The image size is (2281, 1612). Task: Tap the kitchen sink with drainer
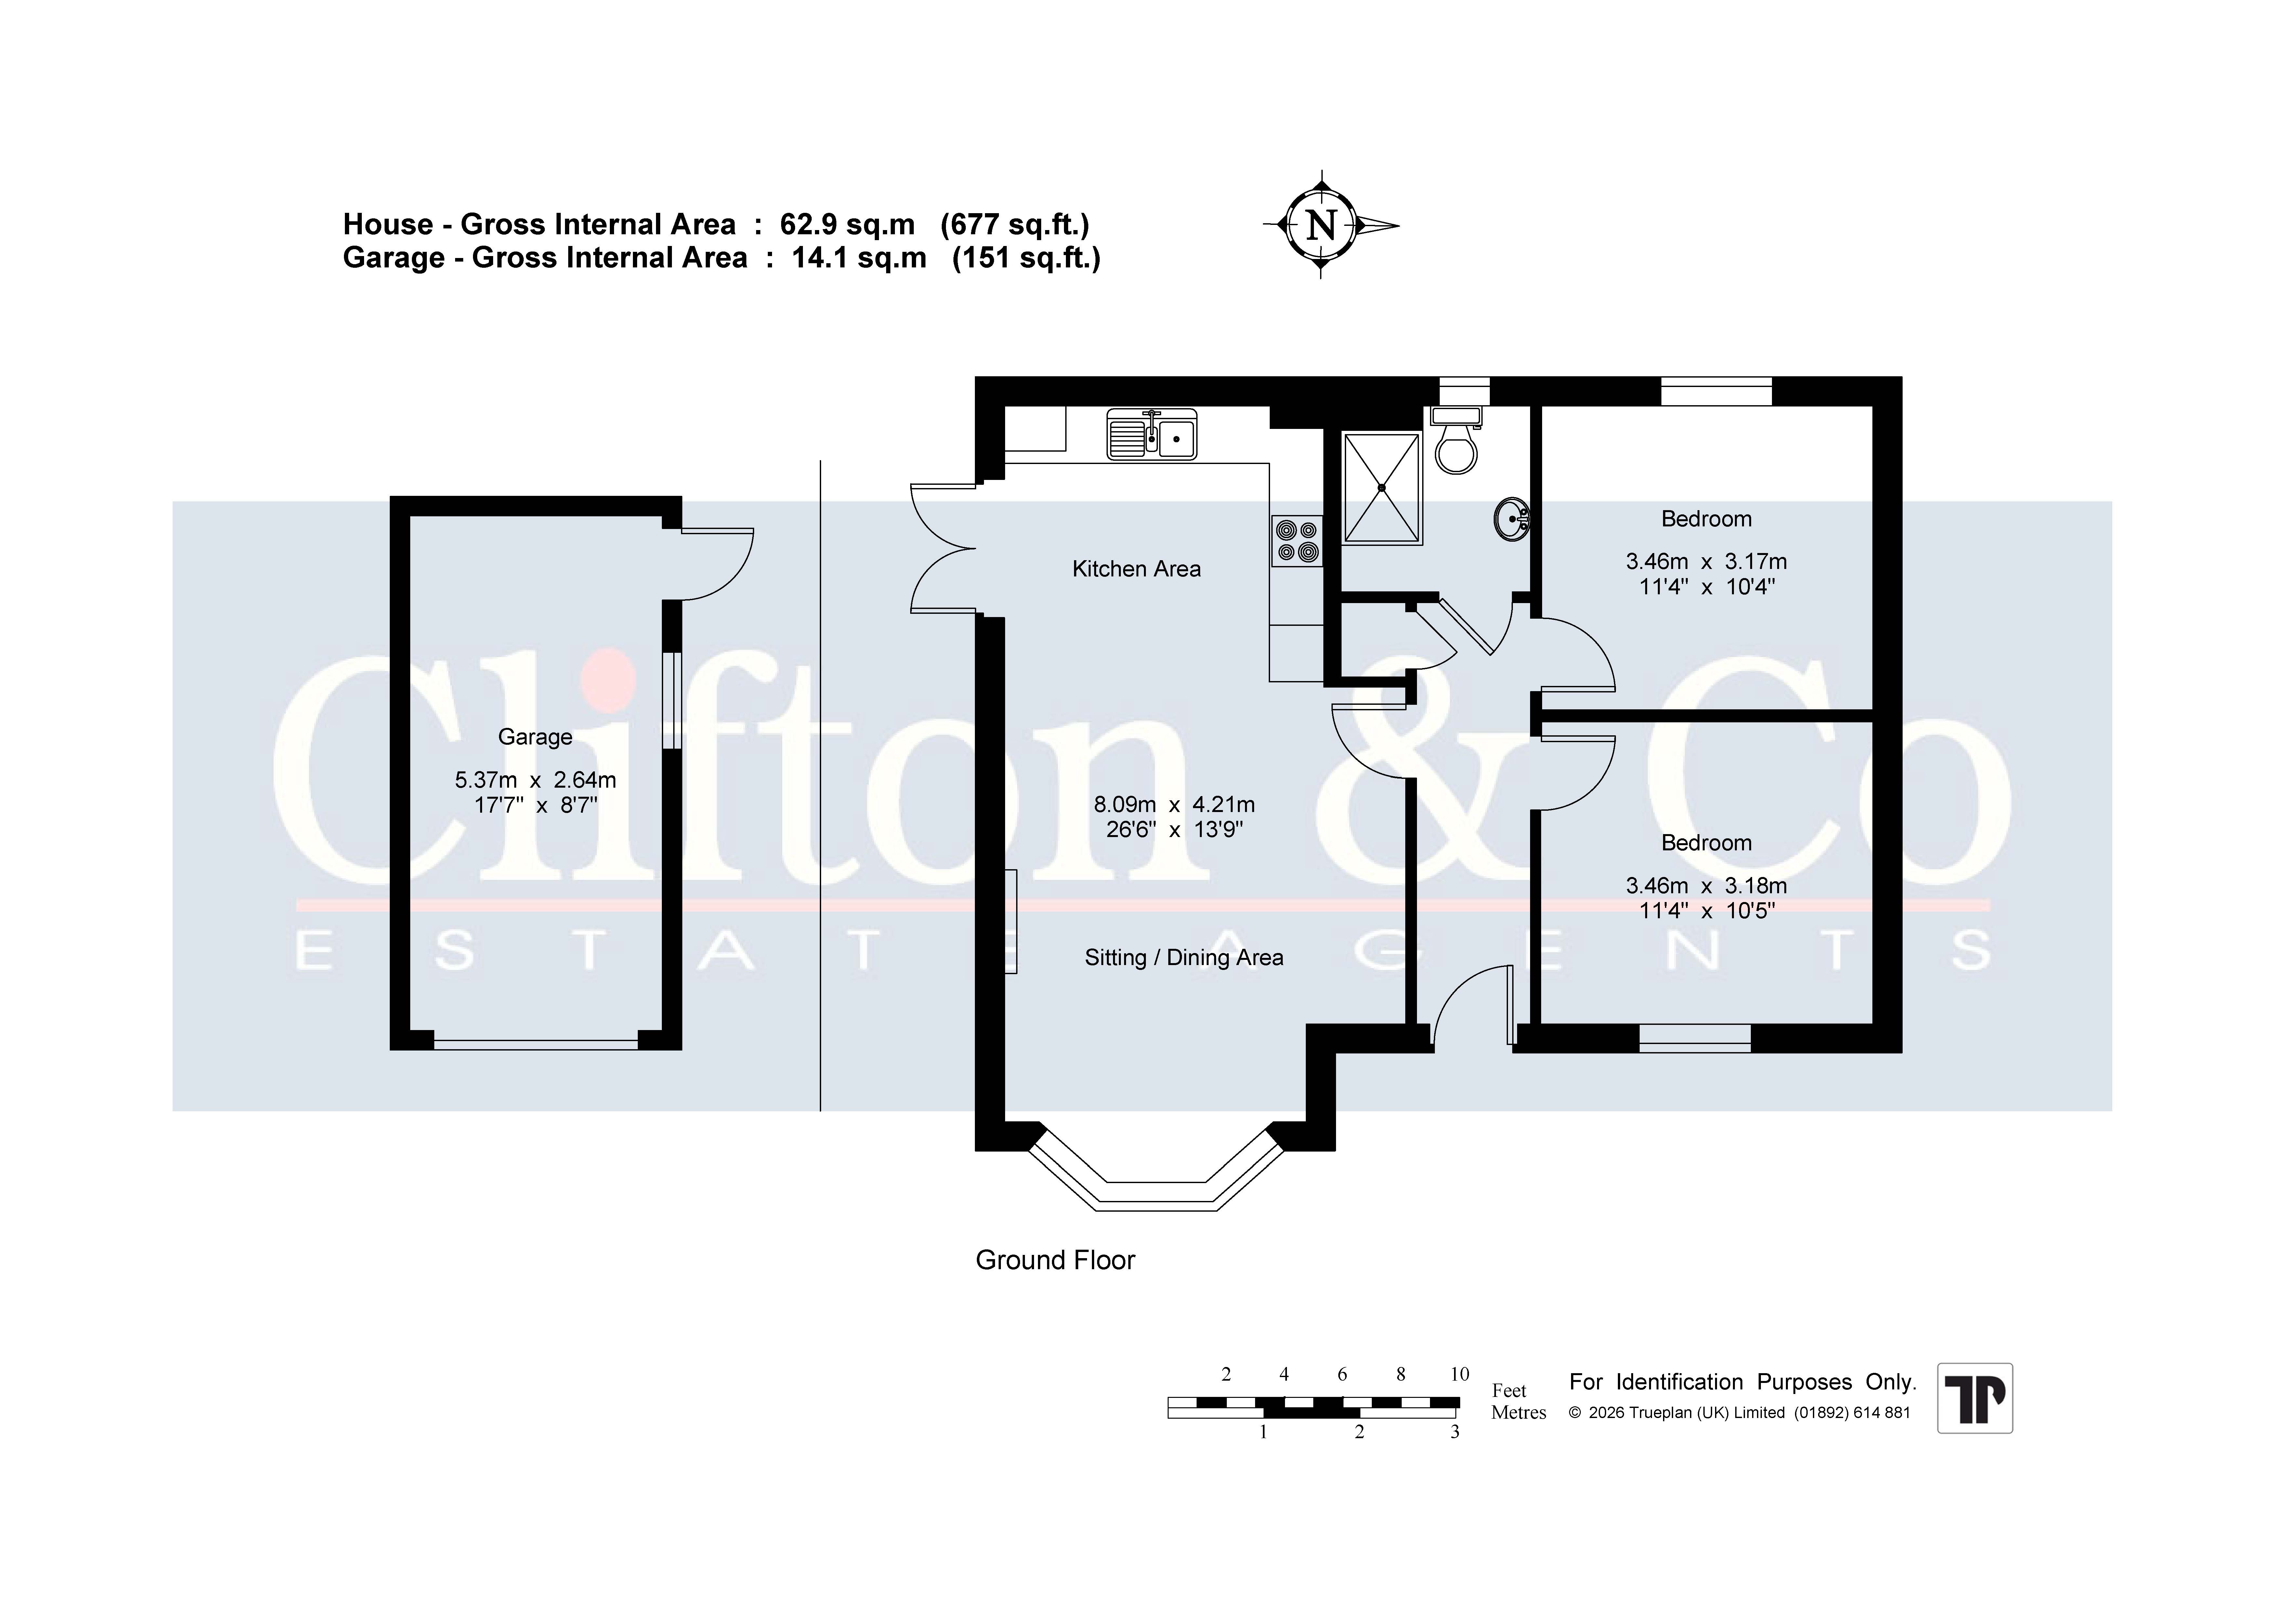pyautogui.click(x=1152, y=435)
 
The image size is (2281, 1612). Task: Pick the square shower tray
pyautogui.click(x=1382, y=488)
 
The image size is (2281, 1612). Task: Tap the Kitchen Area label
pyautogui.click(x=1136, y=569)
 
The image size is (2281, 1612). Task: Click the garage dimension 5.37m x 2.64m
pyautogui.click(x=535, y=781)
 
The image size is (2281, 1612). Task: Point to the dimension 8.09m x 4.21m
pyautogui.click(x=1174, y=805)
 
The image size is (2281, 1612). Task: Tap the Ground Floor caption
pyautogui.click(x=1055, y=1260)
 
